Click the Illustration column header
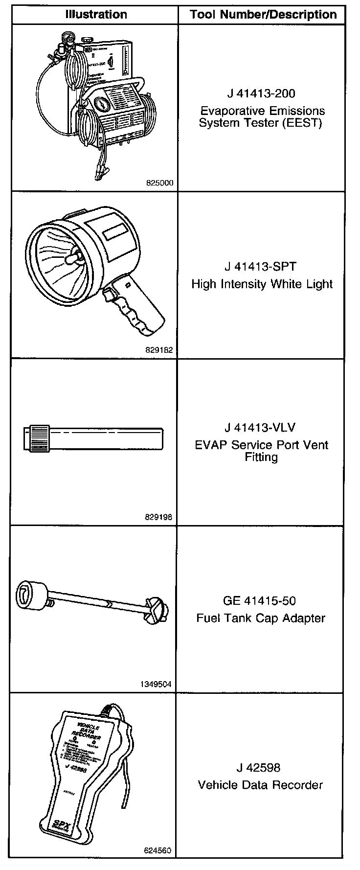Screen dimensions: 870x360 pos(96,15)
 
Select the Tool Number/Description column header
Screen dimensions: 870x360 pos(263,15)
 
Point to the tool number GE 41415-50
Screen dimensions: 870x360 pos(260,601)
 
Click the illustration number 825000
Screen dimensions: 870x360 pos(159,183)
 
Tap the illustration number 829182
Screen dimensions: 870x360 pos(159,350)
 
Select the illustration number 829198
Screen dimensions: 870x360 pos(159,517)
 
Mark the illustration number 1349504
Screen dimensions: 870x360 pos(157,685)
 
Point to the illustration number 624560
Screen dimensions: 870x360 pos(157,851)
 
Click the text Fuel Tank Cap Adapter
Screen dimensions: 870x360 pos(261,618)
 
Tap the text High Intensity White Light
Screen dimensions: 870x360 pos(262,284)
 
